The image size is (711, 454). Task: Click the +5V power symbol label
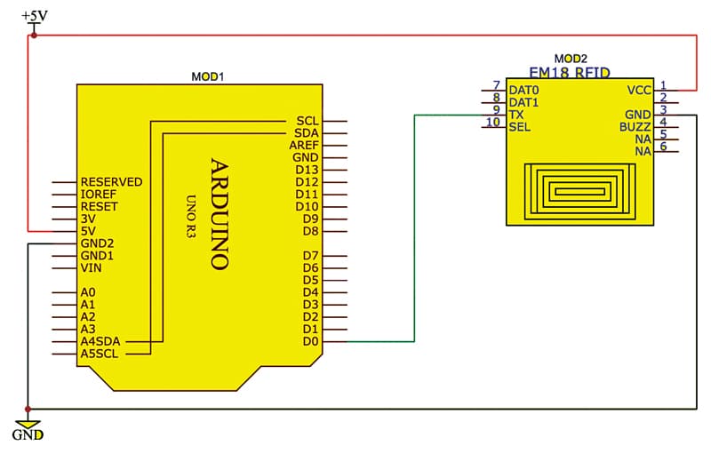[35, 16]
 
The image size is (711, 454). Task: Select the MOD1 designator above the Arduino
[208, 76]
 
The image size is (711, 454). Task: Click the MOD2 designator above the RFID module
[571, 59]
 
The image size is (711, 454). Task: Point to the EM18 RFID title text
[570, 73]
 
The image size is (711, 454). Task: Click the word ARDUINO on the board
[220, 214]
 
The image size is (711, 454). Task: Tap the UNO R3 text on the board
[191, 217]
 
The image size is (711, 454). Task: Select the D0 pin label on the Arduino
[310, 341]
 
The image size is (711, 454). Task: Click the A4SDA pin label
[100, 341]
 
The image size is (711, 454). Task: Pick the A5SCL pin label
[100, 354]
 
